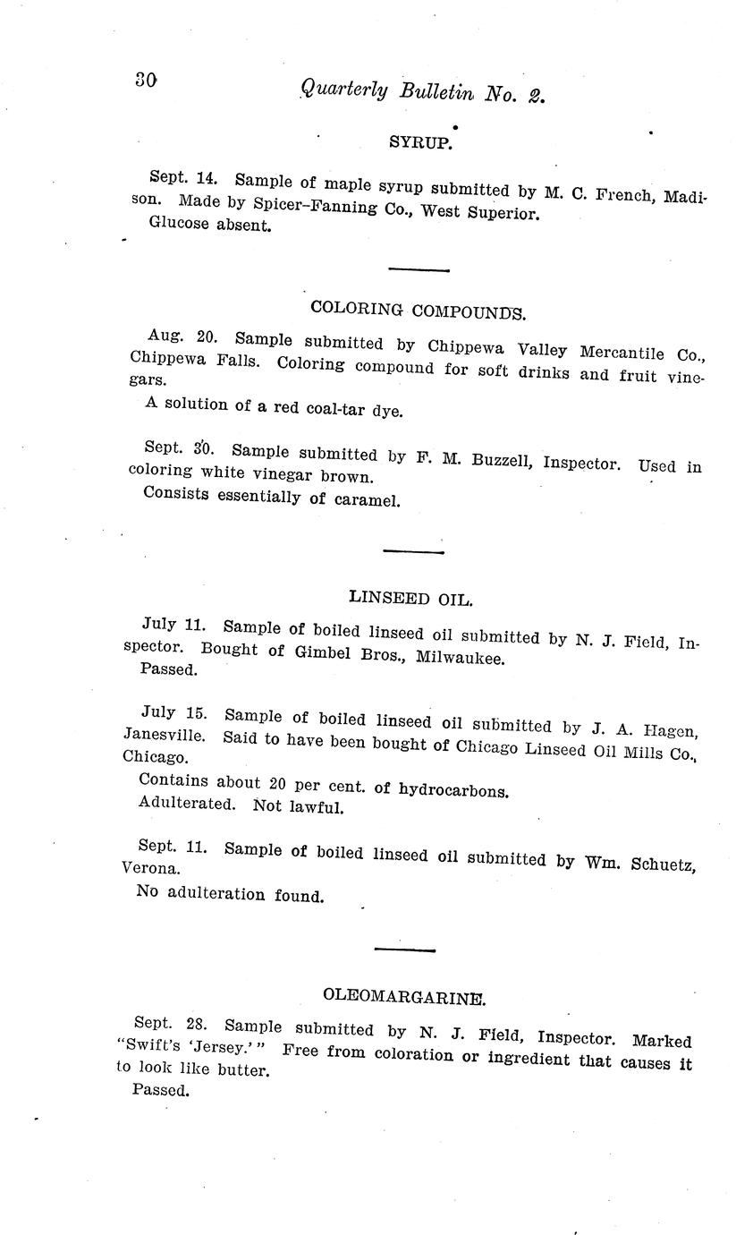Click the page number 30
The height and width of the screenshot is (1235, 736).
point(146,79)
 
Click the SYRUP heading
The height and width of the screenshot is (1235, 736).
point(419,141)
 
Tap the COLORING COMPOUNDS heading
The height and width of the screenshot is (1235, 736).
point(418,311)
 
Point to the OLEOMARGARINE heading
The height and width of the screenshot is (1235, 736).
point(404,995)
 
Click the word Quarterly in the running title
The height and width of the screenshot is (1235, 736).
point(344,89)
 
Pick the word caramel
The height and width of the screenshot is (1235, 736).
point(366,500)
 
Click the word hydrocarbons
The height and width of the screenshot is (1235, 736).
point(453,791)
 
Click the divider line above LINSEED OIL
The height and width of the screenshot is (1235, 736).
point(413,552)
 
